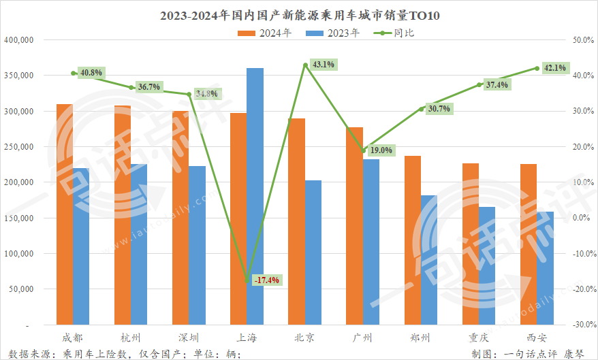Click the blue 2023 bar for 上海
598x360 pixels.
pyautogui.click(x=255, y=196)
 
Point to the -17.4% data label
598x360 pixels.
pyautogui.click(x=266, y=280)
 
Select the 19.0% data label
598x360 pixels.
pyautogui.click(x=380, y=150)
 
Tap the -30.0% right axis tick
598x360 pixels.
pyautogui.click(x=584, y=325)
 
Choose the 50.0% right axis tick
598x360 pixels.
pyautogui.click(x=584, y=40)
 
